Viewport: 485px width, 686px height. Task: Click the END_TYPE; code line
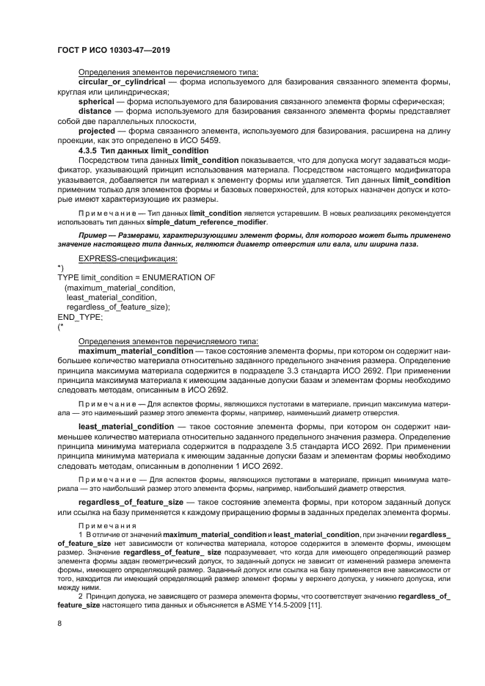pos(80,317)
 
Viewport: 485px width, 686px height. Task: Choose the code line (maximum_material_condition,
pos(120,288)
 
